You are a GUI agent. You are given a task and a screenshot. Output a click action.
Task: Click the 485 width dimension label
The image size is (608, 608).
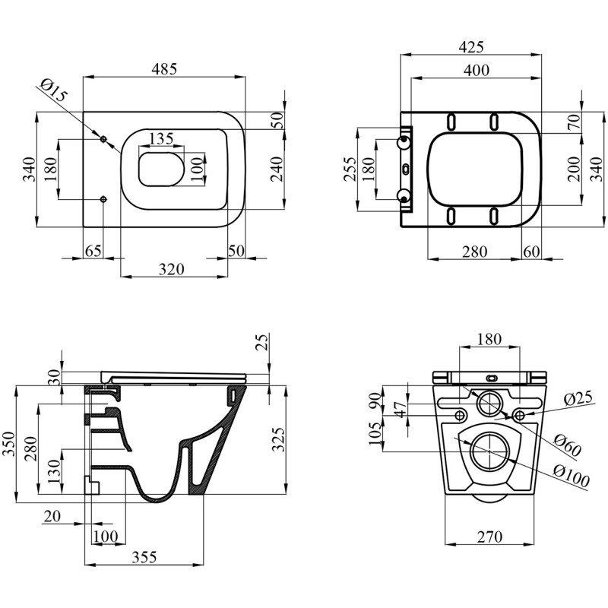click(164, 68)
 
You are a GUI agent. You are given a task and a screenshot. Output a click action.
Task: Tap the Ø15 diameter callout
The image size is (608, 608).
click(54, 90)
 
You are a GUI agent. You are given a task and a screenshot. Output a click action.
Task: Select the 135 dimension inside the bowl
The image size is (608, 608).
click(161, 138)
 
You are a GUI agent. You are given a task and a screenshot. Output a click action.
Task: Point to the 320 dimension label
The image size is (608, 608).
click(172, 269)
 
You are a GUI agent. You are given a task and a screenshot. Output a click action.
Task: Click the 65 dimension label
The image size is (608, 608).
click(93, 251)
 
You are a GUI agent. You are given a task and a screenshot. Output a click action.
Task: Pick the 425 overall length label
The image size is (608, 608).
click(471, 47)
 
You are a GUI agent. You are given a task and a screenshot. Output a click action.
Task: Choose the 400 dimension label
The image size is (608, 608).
click(477, 70)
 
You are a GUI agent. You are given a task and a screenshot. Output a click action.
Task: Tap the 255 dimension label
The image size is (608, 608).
click(350, 169)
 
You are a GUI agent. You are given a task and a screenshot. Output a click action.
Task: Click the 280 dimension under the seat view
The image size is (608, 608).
click(474, 252)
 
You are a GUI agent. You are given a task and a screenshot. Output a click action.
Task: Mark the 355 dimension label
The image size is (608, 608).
click(144, 557)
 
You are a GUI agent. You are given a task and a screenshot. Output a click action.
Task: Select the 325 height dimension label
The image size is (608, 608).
click(278, 439)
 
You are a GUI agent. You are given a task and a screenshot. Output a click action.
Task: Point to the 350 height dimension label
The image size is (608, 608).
click(8, 444)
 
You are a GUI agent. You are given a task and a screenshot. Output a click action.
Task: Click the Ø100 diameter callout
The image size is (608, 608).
click(572, 476)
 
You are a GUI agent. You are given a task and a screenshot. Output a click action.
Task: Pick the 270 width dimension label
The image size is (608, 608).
click(489, 537)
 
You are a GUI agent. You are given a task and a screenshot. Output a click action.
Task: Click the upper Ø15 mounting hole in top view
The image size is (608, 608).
click(103, 139)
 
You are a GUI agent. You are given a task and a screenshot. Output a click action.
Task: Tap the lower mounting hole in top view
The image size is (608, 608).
click(103, 199)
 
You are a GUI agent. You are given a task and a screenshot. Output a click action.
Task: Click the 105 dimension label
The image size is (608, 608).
click(375, 433)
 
